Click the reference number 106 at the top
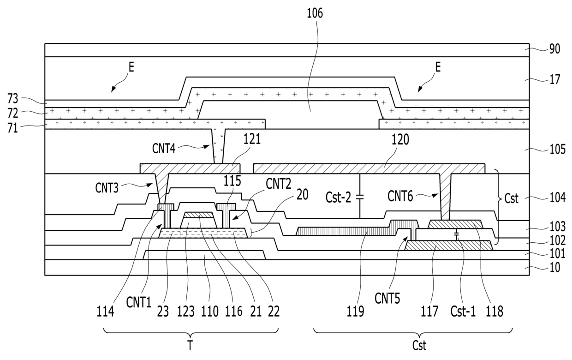315,13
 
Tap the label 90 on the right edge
554,49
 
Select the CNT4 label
164,149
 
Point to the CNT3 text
107,188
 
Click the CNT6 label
400,197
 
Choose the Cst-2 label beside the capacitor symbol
338,198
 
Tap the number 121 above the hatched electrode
252,139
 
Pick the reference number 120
400,140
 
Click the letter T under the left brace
190,346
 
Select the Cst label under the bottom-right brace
419,346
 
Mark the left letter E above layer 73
131,67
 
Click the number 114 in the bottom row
105,312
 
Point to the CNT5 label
387,298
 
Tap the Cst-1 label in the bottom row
463,312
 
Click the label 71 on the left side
13,128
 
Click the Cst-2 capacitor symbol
359,197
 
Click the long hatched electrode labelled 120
369,168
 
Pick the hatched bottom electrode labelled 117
449,246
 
